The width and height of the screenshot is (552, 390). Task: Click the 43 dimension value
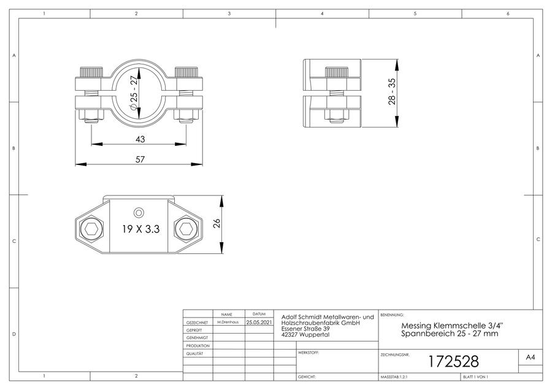(140, 139)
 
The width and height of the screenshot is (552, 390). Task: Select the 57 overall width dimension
(140, 159)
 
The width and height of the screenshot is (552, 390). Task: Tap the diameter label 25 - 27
(134, 93)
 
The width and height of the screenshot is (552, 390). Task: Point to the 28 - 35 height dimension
(392, 91)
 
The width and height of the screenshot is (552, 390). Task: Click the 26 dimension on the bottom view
(217, 223)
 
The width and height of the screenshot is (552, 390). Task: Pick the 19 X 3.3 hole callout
(141, 229)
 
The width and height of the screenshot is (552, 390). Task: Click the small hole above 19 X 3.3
(139, 213)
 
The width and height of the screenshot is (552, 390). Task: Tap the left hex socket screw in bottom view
(91, 229)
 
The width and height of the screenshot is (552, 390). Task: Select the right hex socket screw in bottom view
(186, 229)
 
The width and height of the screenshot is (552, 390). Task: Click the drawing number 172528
(453, 362)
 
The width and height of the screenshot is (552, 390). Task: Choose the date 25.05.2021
(259, 322)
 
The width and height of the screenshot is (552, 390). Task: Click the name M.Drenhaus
(228, 322)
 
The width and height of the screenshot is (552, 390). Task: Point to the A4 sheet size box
(530, 357)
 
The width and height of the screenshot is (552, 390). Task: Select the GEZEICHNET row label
(197, 323)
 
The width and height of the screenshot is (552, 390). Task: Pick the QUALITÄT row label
(194, 353)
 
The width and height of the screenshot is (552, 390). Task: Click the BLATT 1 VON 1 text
(475, 377)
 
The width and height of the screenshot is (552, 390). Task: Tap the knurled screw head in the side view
(337, 73)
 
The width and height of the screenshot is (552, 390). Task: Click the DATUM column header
(259, 314)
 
